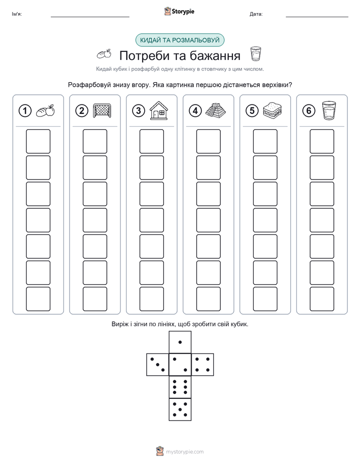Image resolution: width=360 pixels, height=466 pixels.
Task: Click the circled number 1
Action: tap(25, 111)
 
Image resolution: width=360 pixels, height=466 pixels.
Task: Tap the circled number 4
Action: tap(195, 111)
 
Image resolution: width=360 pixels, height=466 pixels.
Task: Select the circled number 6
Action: tap(309, 111)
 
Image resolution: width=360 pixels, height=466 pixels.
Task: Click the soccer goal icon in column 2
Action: tap(102, 110)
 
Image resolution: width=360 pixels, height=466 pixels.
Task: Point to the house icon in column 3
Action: tap(159, 110)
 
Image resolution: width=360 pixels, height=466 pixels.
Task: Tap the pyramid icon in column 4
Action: tap(215, 110)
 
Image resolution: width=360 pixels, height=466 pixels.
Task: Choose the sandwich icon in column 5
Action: tap(272, 110)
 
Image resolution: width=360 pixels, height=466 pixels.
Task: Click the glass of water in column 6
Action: tap(329, 110)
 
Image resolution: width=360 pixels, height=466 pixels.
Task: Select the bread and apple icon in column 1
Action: tap(45, 111)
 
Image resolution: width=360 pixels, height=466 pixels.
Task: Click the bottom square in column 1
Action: tap(38, 299)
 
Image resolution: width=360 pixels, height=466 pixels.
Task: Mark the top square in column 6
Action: tap(322, 141)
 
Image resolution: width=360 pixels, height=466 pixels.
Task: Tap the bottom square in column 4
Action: tap(209, 299)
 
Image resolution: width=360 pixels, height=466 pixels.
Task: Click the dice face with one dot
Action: tap(180, 342)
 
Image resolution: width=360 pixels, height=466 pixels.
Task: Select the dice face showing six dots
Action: tap(180, 387)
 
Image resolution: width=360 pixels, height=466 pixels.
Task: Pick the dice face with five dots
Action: tap(180, 410)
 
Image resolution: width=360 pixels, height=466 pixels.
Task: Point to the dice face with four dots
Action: tap(203, 365)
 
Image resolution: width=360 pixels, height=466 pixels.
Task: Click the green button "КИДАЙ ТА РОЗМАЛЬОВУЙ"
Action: tap(179, 40)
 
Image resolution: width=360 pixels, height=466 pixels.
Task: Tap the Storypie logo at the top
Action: tap(179, 12)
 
